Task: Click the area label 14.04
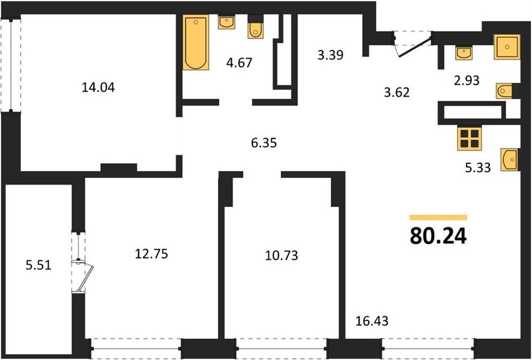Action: point(98,88)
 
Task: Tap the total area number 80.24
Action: point(438,236)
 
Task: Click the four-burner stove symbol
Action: point(470,139)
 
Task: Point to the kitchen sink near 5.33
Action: point(510,160)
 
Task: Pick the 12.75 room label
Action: point(151,254)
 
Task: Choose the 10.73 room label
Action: point(281,255)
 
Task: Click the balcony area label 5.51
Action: point(38,265)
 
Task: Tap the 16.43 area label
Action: point(372,320)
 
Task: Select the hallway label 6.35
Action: point(264,143)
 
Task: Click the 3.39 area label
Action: point(330,55)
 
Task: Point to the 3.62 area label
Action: point(397,92)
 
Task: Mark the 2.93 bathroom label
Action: point(467,80)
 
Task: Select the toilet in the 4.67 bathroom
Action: point(255,27)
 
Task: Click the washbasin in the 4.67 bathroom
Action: point(226,22)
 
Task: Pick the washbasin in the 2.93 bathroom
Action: point(464,53)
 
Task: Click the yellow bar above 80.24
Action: point(438,218)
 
